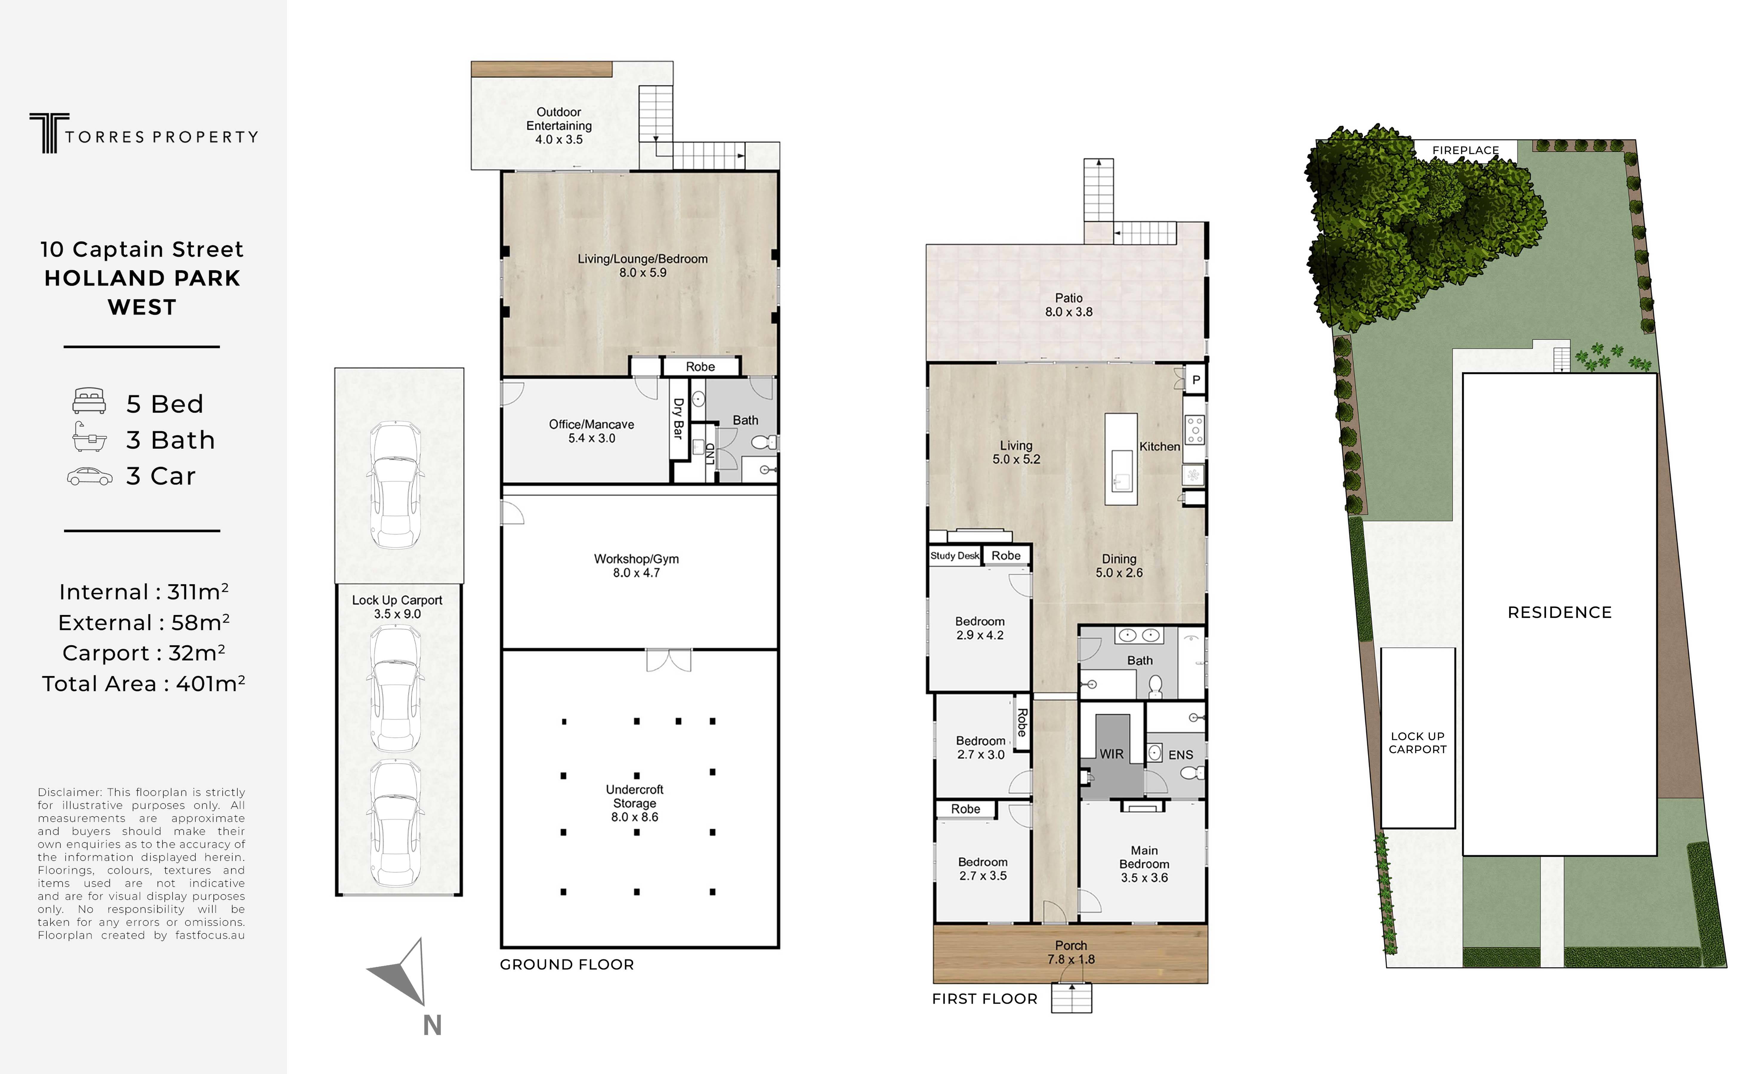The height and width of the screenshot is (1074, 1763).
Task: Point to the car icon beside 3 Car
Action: [89, 476]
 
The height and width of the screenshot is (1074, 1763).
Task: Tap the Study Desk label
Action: [955, 556]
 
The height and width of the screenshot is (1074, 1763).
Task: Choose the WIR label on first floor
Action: [1111, 754]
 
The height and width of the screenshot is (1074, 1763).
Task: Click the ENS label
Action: [1181, 755]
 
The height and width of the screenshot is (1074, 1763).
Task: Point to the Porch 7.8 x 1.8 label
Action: [1071, 952]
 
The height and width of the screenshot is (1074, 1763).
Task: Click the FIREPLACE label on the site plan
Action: [1465, 150]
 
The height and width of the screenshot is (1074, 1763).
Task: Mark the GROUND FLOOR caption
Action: [567, 965]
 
